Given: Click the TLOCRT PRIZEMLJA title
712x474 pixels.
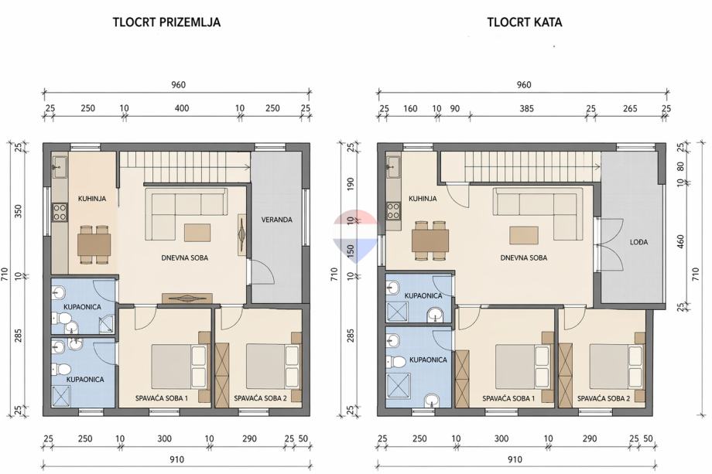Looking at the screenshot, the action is (x=166, y=22).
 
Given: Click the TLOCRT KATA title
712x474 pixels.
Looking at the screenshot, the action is (x=525, y=22).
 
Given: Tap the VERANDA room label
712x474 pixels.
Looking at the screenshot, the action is (x=276, y=220).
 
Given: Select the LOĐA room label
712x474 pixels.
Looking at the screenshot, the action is (x=638, y=242).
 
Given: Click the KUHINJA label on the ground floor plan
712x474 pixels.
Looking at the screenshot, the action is (x=92, y=199).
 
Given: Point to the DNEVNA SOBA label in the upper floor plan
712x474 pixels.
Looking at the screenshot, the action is (x=524, y=257).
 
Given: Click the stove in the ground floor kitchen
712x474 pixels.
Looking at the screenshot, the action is (x=60, y=213).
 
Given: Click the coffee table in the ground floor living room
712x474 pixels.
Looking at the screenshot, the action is (x=197, y=233).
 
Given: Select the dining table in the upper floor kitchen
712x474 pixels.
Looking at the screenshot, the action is (x=430, y=240).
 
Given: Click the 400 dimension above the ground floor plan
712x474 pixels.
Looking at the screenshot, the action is (x=182, y=108).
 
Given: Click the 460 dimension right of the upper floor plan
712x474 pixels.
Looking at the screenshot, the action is (x=680, y=242).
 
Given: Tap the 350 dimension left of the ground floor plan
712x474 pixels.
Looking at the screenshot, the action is (x=19, y=211).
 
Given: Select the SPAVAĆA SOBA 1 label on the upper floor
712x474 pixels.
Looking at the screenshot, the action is (x=508, y=399).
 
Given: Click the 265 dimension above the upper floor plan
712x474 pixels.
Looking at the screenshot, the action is (x=630, y=108).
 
